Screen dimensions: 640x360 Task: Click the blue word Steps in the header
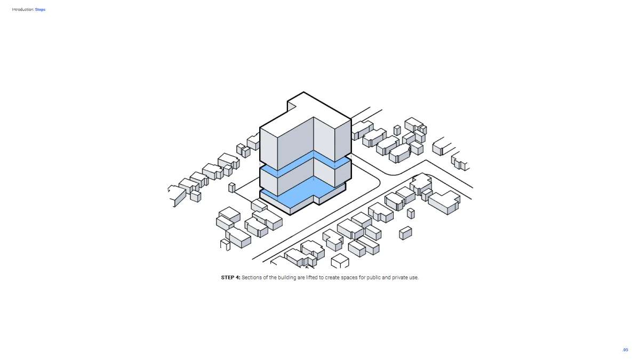click(x=40, y=10)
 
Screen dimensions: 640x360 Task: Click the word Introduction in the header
click(x=23, y=10)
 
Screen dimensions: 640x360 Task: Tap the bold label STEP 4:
click(x=231, y=277)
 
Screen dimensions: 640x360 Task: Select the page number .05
click(x=626, y=350)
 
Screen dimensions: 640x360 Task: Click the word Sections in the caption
click(x=251, y=277)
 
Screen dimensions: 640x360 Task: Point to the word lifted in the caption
click(x=312, y=277)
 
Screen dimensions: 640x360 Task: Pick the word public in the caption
click(x=374, y=277)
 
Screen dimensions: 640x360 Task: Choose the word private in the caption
click(x=399, y=277)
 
